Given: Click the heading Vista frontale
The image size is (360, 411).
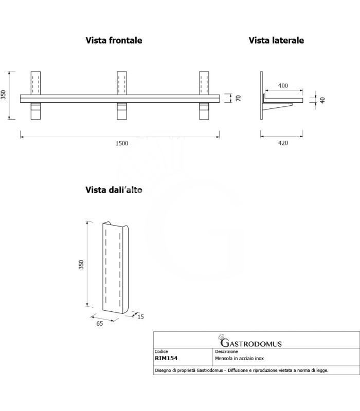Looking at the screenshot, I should click(x=114, y=40).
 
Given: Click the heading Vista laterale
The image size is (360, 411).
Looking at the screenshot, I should click(x=276, y=40).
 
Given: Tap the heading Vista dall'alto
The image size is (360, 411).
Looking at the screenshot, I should click(x=114, y=190).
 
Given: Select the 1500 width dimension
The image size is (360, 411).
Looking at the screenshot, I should click(x=121, y=143).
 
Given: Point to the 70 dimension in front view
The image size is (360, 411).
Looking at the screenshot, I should click(x=238, y=98).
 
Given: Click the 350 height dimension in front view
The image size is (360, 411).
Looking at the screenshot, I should click(x=4, y=96).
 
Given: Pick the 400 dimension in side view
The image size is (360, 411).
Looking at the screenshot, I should click(x=283, y=85).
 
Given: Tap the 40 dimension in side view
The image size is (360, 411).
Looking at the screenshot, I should click(x=323, y=100).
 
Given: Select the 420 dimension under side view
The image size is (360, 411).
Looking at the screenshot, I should click(x=283, y=143).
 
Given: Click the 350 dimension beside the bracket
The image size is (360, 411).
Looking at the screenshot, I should click(x=81, y=265).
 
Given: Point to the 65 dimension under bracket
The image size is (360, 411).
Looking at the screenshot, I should click(x=99, y=324).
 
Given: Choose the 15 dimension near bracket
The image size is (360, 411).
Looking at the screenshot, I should click(x=140, y=317).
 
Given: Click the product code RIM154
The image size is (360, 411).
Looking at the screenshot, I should click(x=167, y=358).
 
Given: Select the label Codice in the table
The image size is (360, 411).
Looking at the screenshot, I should click(x=162, y=352).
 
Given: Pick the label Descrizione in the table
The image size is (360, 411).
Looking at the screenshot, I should click(x=227, y=352).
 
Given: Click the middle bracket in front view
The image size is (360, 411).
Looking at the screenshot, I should click(x=122, y=96).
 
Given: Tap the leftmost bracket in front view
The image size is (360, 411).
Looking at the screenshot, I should click(x=35, y=96).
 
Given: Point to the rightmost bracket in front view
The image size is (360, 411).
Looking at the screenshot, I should click(x=205, y=96).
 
